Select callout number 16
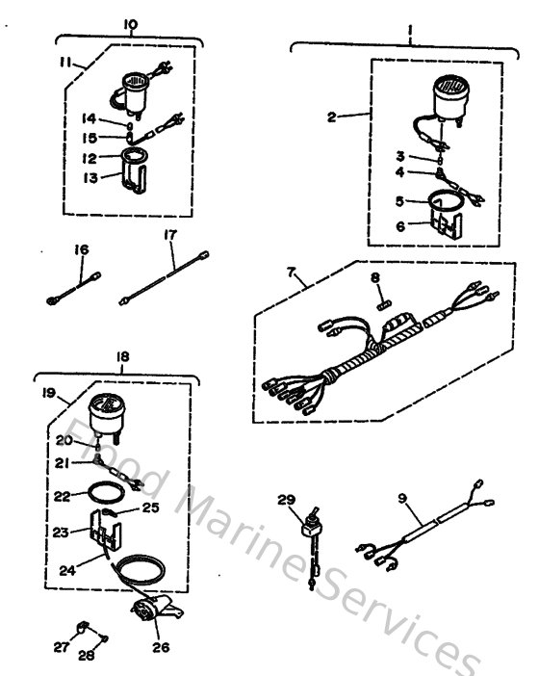(x=82, y=250)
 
